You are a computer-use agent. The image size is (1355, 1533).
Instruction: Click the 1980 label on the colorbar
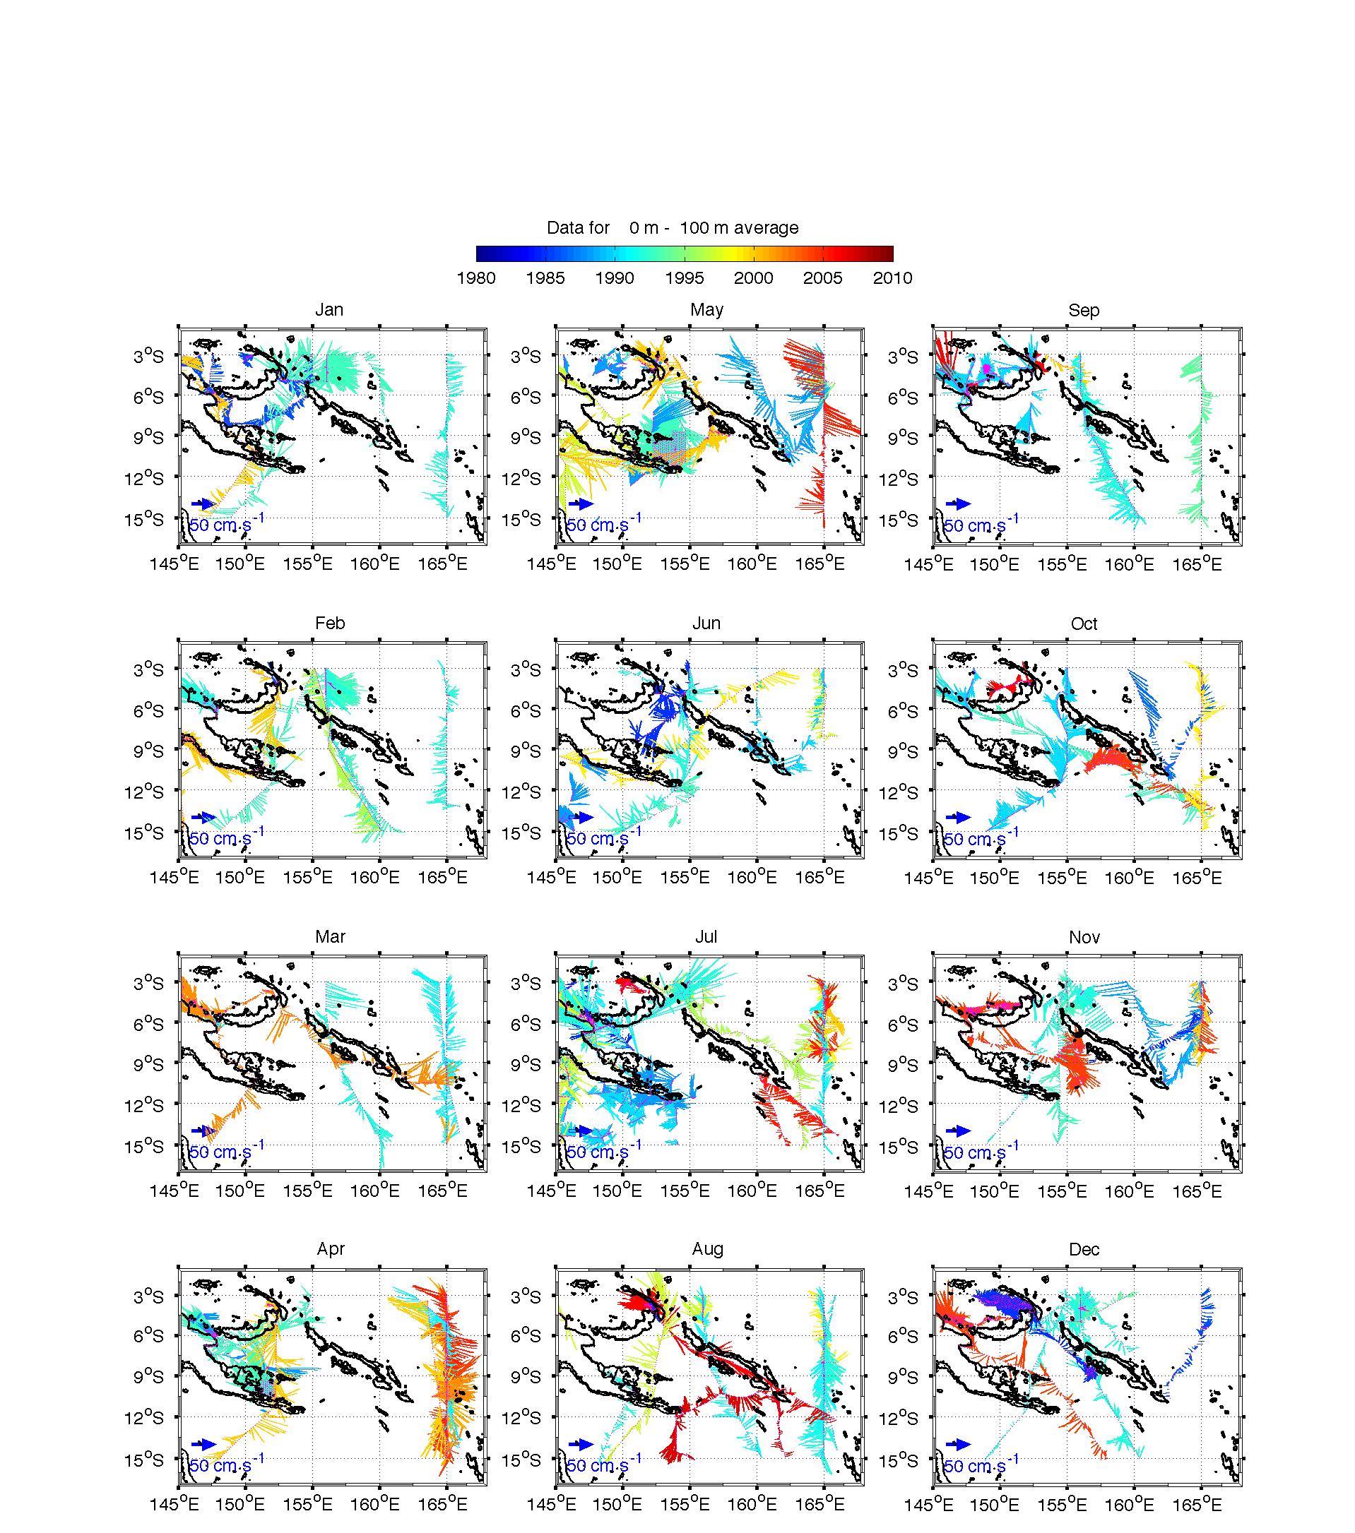pos(475,278)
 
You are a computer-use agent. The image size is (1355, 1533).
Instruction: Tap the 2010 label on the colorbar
pos(892,278)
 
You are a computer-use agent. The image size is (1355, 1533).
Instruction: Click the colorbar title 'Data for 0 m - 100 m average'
pos(673,228)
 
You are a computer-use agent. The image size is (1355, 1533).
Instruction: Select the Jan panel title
pos(329,310)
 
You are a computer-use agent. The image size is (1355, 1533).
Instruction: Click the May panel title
pos(706,310)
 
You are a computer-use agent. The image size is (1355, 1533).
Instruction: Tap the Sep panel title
pos(1084,310)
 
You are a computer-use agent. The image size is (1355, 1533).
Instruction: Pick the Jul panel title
pos(706,937)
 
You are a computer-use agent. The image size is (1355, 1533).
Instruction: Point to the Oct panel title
pos(1084,624)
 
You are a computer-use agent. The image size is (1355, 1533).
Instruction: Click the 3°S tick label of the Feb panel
pos(148,669)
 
